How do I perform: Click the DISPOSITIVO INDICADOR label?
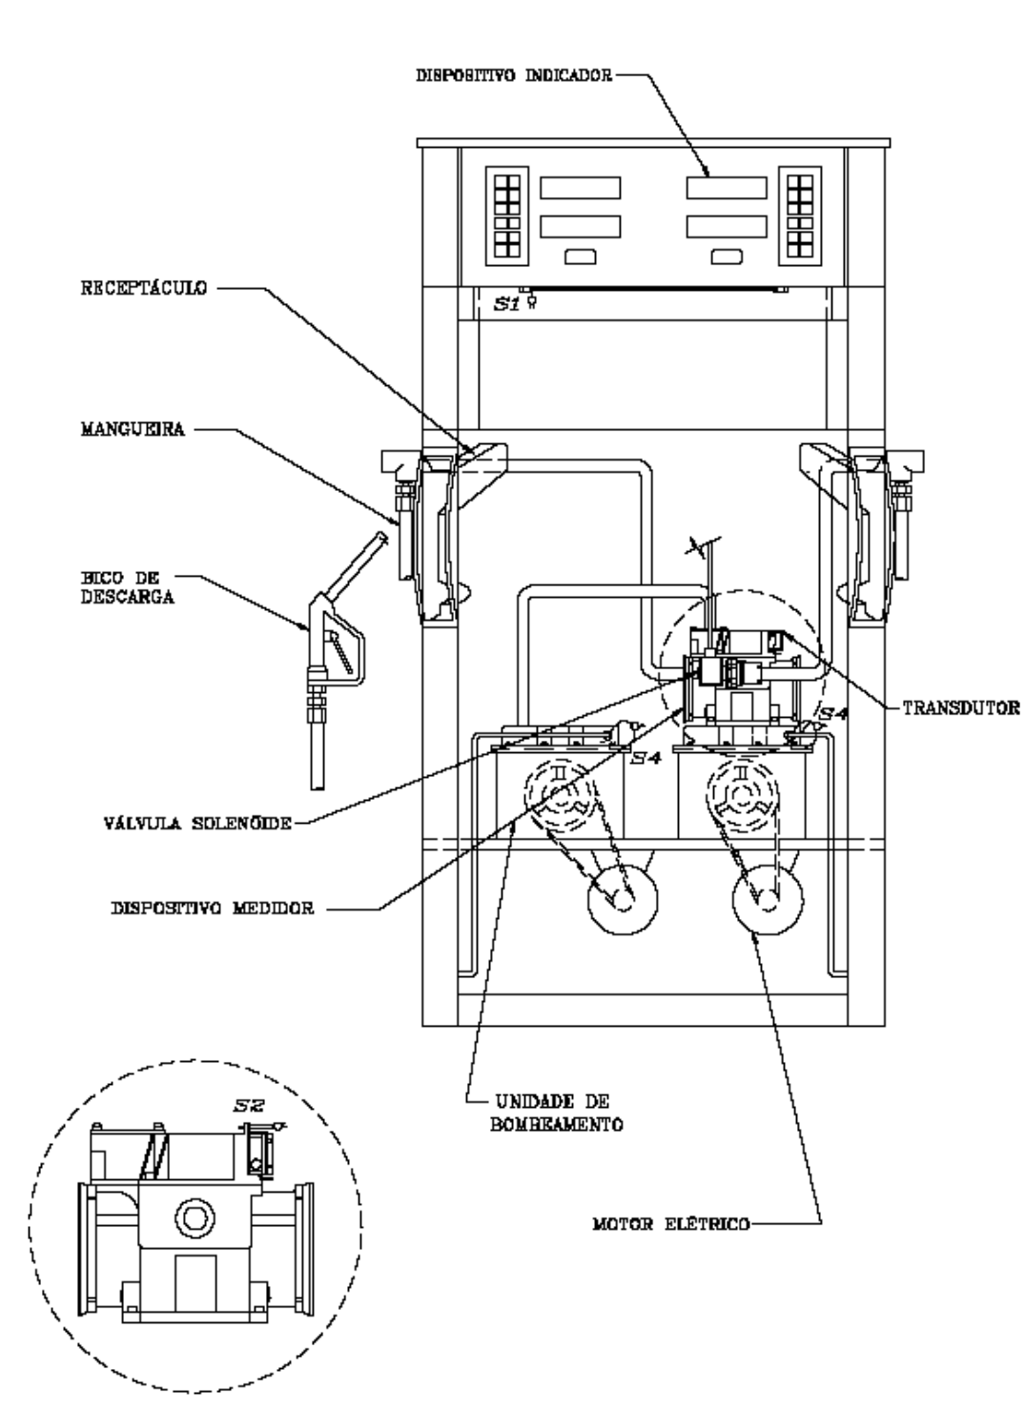pyautogui.click(x=514, y=75)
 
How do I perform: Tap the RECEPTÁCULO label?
pyautogui.click(x=144, y=288)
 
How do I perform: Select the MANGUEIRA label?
pyautogui.click(x=133, y=429)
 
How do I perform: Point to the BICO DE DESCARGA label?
pyautogui.click(x=127, y=587)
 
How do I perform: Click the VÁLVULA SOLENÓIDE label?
pyautogui.click(x=197, y=823)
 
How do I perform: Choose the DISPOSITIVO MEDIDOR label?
pyautogui.click(x=213, y=908)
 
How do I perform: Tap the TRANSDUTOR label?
pyautogui.click(x=961, y=708)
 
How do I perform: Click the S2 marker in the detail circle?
pyautogui.click(x=249, y=1104)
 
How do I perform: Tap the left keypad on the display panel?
pyautogui.click(x=507, y=215)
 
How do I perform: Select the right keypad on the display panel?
pyautogui.click(x=800, y=215)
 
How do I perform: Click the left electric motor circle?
pyautogui.click(x=623, y=899)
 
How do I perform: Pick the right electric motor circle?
pyautogui.click(x=768, y=899)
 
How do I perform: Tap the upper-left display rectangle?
pyautogui.click(x=580, y=188)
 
